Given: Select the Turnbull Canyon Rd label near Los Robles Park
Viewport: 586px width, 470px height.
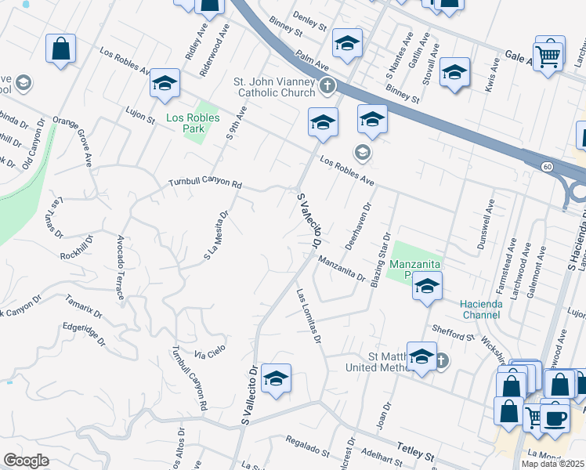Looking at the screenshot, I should coord(205,183).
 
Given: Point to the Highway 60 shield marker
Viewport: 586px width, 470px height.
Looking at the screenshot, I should coord(546,166).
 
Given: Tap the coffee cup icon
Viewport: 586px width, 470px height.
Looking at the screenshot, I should coord(555,418).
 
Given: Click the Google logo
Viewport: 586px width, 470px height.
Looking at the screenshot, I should coord(27,461).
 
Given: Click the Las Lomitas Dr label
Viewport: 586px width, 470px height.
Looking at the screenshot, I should coord(309,316).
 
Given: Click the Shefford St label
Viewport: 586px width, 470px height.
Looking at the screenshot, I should coord(456,334).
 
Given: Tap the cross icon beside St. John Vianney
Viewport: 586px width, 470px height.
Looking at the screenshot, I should coord(331,85).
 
